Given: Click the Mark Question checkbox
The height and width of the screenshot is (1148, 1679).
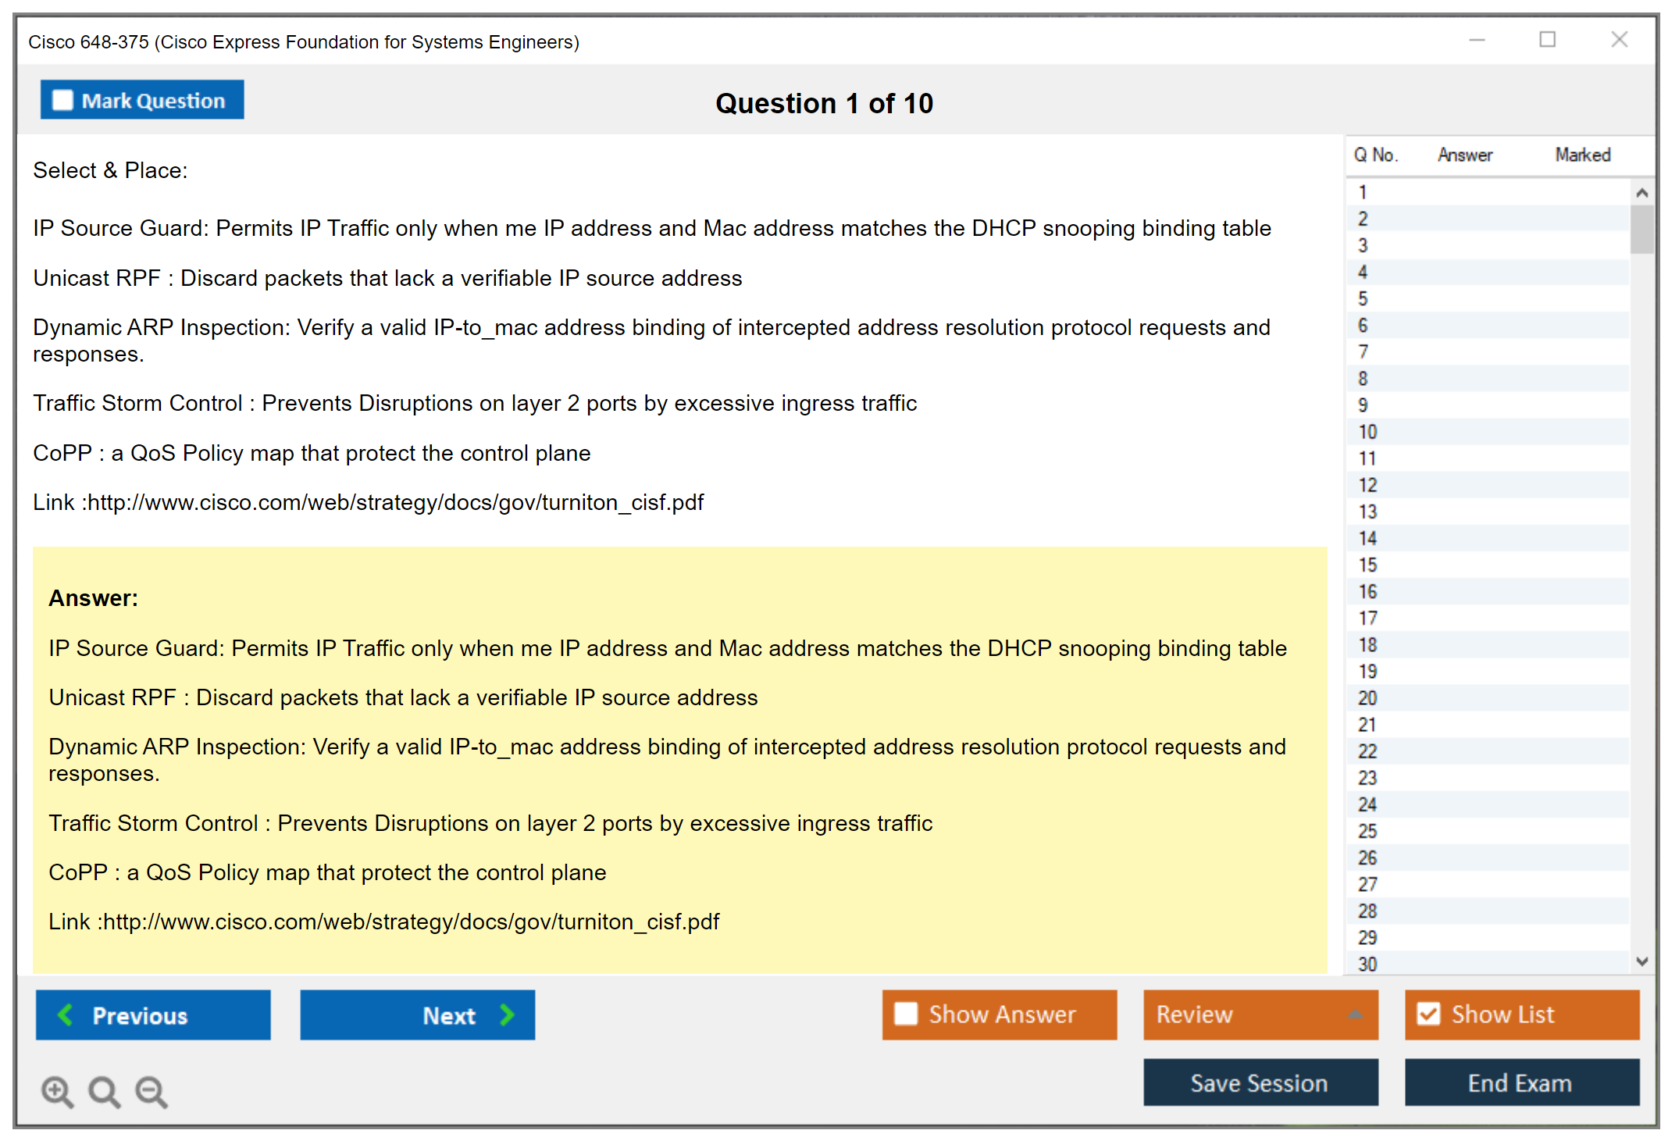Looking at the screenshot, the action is [x=62, y=101].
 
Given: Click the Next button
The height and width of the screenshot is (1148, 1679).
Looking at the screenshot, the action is [x=418, y=1015].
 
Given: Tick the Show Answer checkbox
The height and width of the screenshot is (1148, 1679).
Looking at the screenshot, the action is [x=906, y=1014].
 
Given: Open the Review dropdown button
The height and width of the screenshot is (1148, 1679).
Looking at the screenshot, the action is [x=1260, y=1014].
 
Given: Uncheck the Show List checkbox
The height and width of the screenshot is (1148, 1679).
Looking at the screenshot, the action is [x=1428, y=1014].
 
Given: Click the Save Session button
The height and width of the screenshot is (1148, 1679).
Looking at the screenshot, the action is [x=1260, y=1082].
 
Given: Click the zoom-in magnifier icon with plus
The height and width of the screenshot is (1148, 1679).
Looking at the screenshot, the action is [x=58, y=1092].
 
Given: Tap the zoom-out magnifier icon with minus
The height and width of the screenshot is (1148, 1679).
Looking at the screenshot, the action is [x=152, y=1092].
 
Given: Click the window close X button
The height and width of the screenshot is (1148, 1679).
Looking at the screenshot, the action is [x=1619, y=39].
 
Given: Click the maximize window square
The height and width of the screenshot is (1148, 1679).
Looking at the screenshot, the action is [x=1547, y=39].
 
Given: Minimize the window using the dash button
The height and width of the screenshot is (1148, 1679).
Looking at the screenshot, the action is [x=1477, y=40].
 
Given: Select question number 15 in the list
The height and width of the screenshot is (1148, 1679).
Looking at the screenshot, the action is [x=1367, y=565].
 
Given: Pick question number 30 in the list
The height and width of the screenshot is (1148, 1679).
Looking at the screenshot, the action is [x=1367, y=964].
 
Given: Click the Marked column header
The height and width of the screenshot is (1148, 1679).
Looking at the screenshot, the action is [x=1583, y=155].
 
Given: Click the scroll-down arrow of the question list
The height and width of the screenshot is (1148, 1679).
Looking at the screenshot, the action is [x=1642, y=961].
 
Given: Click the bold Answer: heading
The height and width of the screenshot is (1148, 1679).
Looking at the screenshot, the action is [x=94, y=598].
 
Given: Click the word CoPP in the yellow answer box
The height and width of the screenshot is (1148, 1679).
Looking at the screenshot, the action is [x=78, y=872].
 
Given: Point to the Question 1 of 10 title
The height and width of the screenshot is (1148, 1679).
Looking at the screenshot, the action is [x=824, y=103].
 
